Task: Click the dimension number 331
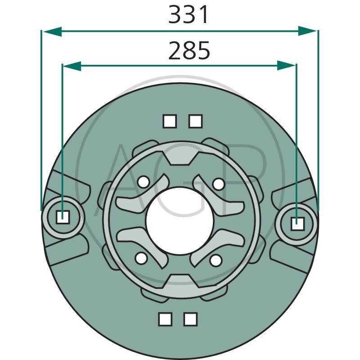[x=188, y=14]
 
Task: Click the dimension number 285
[x=189, y=50]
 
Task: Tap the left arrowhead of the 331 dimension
[x=52, y=31]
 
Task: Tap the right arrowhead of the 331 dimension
[x=307, y=31]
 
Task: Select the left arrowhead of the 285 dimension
[x=72, y=66]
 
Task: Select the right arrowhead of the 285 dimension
[x=286, y=66]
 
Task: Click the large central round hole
[x=180, y=220]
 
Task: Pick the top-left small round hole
[x=143, y=182]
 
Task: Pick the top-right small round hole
[x=218, y=184]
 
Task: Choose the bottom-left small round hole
[x=141, y=258]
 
